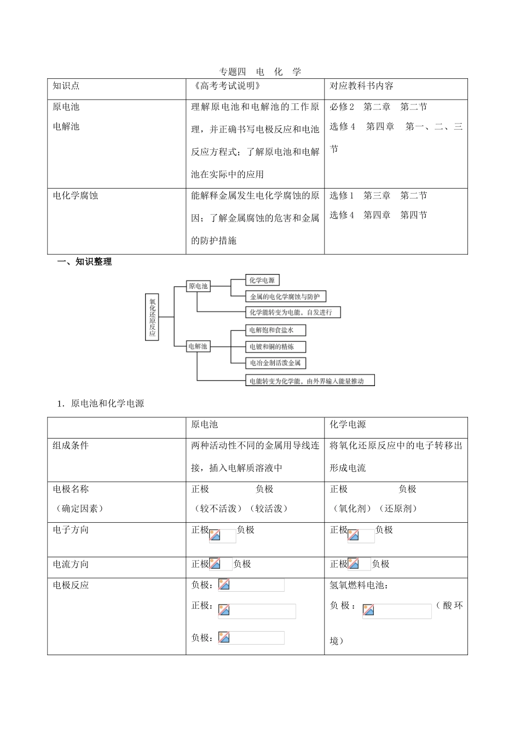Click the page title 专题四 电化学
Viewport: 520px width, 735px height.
click(260, 72)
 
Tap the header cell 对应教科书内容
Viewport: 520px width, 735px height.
click(361, 86)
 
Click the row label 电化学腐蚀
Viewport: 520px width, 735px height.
click(75, 195)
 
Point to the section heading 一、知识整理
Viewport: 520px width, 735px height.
click(85, 262)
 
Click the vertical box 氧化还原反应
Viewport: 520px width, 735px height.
click(152, 317)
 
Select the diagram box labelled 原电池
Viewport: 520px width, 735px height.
click(198, 286)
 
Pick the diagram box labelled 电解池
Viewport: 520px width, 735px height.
click(198, 346)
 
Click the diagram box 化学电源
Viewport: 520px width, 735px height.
click(262, 281)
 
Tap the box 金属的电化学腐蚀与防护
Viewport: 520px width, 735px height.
click(285, 296)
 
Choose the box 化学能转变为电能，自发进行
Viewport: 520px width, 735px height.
click(293, 312)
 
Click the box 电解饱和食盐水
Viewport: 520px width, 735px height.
click(275, 330)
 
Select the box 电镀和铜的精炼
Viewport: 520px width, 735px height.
click(275, 347)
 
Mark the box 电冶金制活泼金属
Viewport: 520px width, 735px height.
click(275, 363)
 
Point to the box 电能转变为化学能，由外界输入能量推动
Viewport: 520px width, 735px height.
click(310, 381)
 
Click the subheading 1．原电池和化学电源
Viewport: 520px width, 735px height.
click(101, 404)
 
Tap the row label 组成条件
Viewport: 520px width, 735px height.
click(71, 446)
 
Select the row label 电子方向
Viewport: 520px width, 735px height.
click(71, 530)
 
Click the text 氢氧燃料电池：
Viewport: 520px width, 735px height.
click(359, 585)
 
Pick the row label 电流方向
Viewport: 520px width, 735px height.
click(71, 564)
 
